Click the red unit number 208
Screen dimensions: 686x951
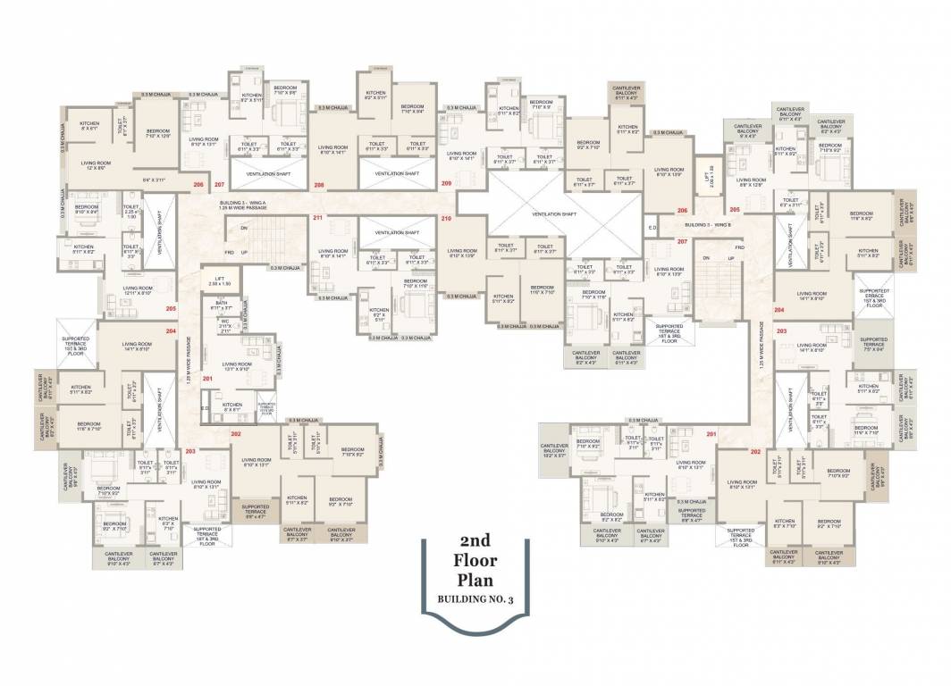[318, 184]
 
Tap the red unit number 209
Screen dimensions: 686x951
[446, 183]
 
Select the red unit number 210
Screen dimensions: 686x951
[446, 218]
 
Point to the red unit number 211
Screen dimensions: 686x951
[317, 218]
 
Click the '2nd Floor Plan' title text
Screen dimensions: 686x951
[478, 562]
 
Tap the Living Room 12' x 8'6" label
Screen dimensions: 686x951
[96, 166]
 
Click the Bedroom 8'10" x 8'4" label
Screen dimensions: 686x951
[87, 210]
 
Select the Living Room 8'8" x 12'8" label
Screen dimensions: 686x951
[750, 182]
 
